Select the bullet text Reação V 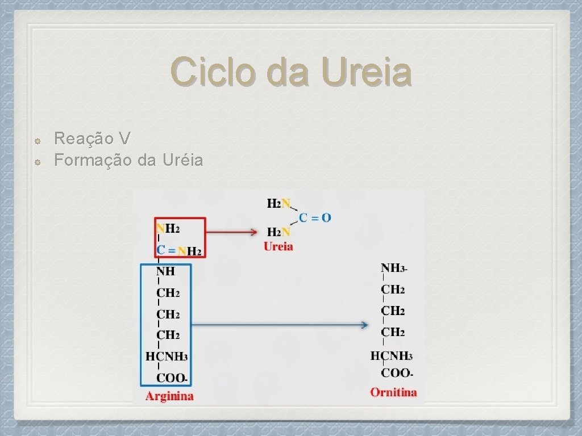[93, 138]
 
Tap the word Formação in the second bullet [93, 161]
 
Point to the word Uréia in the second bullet [182, 161]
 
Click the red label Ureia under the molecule [278, 246]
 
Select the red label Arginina [169, 396]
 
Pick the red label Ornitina [393, 392]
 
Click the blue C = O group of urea [315, 217]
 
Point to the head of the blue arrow [365, 325]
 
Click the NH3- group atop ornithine [394, 267]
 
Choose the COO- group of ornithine [397, 373]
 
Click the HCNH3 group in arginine [167, 357]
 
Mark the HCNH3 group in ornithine [391, 356]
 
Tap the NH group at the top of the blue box [166, 271]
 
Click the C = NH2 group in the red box [178, 250]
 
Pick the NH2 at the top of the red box [168, 229]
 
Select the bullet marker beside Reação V [36, 139]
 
